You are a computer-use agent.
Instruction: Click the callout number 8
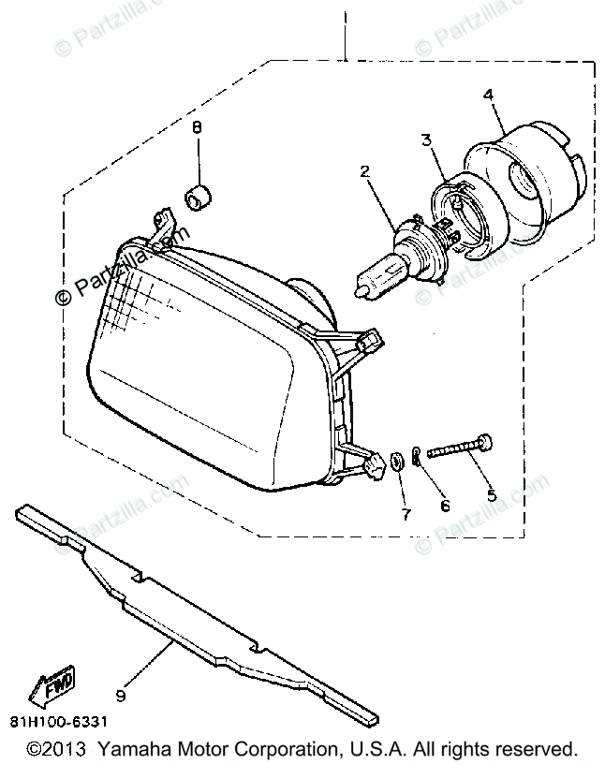[x=198, y=126]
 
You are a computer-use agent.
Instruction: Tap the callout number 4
[x=487, y=94]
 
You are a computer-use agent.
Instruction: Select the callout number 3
[x=426, y=141]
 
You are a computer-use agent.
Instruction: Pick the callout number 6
[x=445, y=506]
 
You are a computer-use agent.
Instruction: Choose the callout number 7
[x=406, y=513]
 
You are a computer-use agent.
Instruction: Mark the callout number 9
[x=120, y=695]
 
